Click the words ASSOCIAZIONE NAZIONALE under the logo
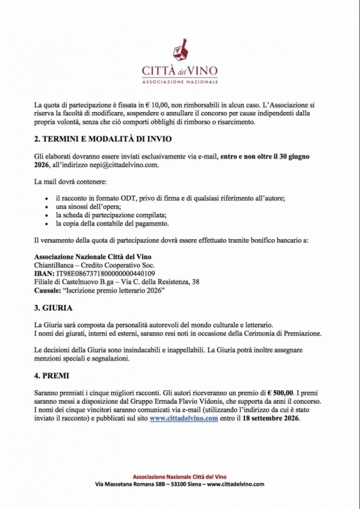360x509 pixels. (x=180, y=82)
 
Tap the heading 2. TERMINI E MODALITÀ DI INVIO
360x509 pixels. (x=103, y=139)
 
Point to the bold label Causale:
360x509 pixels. (x=48, y=290)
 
